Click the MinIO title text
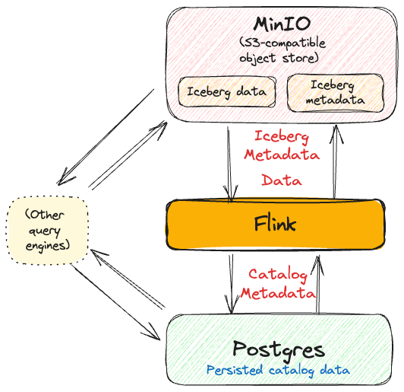pos(282,24)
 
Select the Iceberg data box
pos(227,92)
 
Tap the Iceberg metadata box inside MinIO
pos(336,93)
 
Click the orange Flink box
pos(276,224)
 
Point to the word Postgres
pos(279,349)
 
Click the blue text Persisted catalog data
pos(278,371)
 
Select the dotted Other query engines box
pos(47,231)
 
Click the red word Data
pos(282,180)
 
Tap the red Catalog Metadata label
pos(278,284)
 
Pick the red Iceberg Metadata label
pos(282,145)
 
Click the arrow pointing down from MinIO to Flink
pos(230,164)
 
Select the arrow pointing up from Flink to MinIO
pos(336,162)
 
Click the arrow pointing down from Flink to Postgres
pos(231,284)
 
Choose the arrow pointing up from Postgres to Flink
pos(318,285)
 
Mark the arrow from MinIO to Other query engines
pos(106,137)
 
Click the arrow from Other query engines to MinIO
pos(128,155)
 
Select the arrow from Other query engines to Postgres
pos(116,302)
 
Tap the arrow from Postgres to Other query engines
pos(128,279)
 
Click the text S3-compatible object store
pos(282,50)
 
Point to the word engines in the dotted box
pos(48,245)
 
